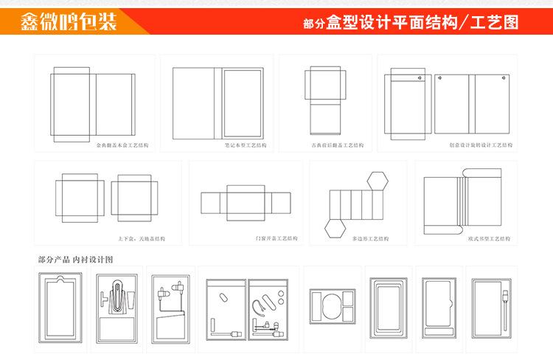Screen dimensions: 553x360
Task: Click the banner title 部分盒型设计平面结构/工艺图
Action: click(410, 23)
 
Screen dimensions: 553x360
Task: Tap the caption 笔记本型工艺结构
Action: click(246, 145)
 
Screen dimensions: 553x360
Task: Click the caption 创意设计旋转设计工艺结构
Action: click(475, 145)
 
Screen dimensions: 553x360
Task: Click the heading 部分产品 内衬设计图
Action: click(75, 260)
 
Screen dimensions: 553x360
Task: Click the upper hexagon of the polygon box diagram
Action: click(379, 180)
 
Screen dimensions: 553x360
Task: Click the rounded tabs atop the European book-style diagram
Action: click(482, 174)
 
